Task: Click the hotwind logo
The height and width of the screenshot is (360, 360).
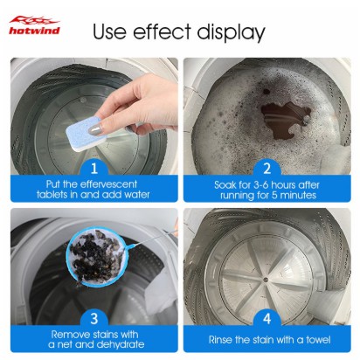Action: [34, 25]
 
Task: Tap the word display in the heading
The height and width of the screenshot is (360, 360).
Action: [231, 32]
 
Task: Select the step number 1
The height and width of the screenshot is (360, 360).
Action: [93, 169]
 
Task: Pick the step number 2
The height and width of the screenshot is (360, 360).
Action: [267, 169]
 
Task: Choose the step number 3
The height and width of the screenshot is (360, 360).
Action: [93, 319]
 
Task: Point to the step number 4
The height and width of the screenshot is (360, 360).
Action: [267, 319]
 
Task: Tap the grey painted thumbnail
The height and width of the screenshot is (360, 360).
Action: [94, 129]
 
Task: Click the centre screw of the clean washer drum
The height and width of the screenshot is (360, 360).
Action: [266, 280]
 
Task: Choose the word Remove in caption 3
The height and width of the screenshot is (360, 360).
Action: [70, 334]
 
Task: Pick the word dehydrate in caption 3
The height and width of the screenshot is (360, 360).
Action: [120, 344]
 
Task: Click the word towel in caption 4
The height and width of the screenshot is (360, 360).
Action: [318, 340]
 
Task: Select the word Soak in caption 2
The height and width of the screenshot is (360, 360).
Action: [225, 184]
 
